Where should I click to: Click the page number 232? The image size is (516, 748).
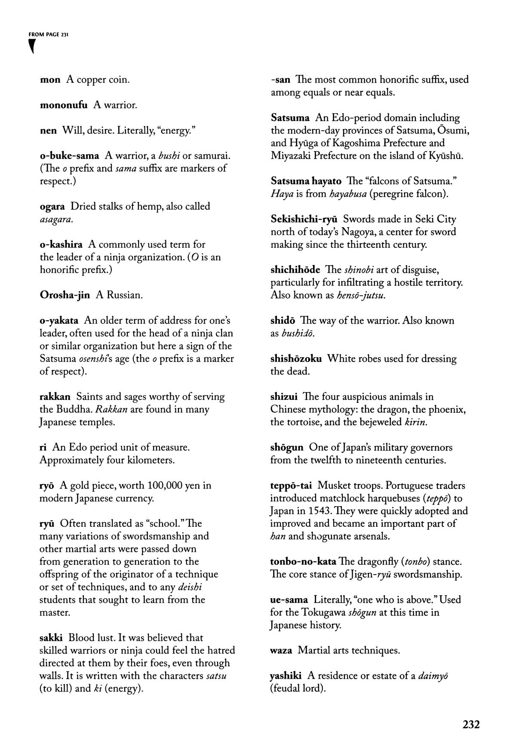(471, 725)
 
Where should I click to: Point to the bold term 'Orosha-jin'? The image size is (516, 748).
(65, 295)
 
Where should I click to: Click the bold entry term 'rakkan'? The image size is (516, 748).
(55, 397)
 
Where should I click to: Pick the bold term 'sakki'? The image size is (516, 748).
(51, 638)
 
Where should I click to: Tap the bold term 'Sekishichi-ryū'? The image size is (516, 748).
(304, 219)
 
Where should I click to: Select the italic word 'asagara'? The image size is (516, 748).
(55, 219)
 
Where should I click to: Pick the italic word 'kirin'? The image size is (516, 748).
(415, 422)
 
